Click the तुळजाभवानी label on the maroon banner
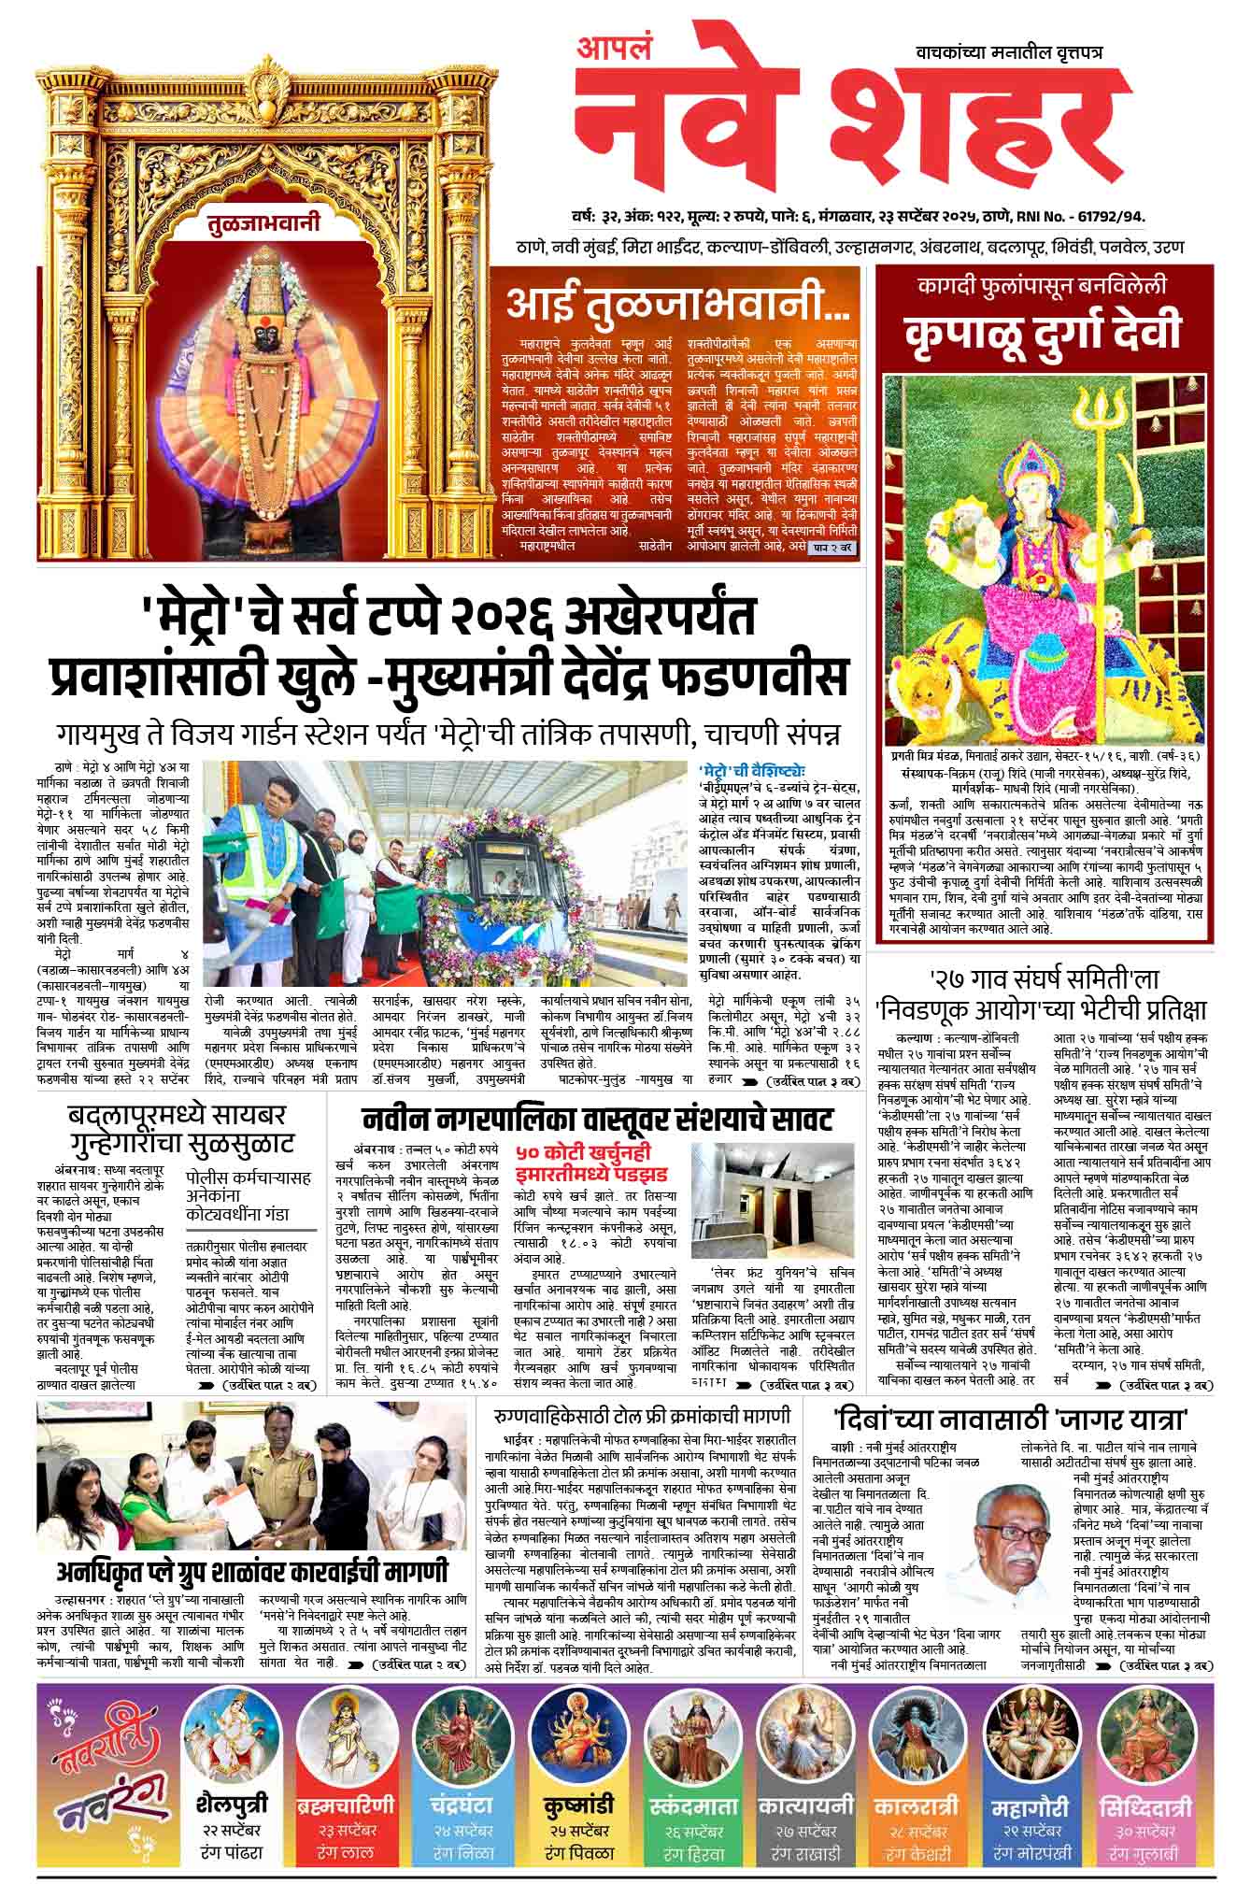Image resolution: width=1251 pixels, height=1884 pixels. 264,223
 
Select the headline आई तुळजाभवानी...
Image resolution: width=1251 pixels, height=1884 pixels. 677,302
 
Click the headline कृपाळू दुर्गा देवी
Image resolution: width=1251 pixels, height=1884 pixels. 1044,333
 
